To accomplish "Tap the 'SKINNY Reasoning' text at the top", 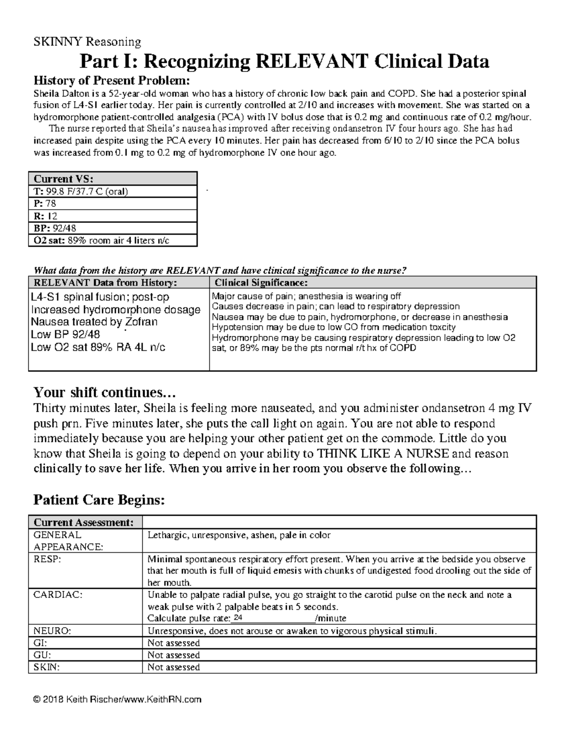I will pos(87,42).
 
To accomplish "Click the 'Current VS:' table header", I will pos(63,179).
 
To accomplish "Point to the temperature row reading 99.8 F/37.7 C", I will pos(81,192).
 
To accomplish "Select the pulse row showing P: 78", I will pos(45,203).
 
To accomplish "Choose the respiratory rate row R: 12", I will pos(45,216).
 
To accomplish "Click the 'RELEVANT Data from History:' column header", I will pos(104,283).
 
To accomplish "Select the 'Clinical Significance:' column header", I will pos(261,283).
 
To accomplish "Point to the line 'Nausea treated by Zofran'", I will pos(94,322).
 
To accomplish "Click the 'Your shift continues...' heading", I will pos(104,393).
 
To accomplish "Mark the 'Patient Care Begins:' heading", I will pos(99,500).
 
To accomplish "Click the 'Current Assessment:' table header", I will pos(83,522).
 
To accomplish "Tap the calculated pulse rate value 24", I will pos(238,618).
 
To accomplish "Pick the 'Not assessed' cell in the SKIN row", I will pos(173,667).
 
